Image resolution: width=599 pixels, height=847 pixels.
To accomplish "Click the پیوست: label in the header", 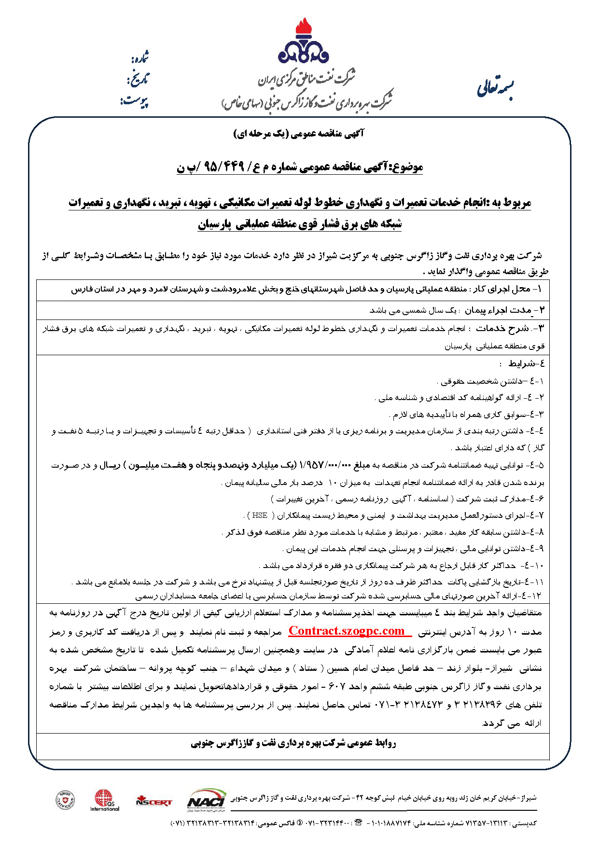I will [135, 101].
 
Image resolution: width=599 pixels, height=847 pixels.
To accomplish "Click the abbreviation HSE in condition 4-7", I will [260, 515].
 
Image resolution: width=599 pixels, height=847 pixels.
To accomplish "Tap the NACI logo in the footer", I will [207, 798].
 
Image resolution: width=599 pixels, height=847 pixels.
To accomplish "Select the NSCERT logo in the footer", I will [153, 802].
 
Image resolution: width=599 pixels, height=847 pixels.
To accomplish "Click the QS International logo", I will [104, 800].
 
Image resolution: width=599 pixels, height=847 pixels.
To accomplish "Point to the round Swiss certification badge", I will [65, 800].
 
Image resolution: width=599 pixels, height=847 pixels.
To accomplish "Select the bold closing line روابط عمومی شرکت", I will [293, 743].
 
